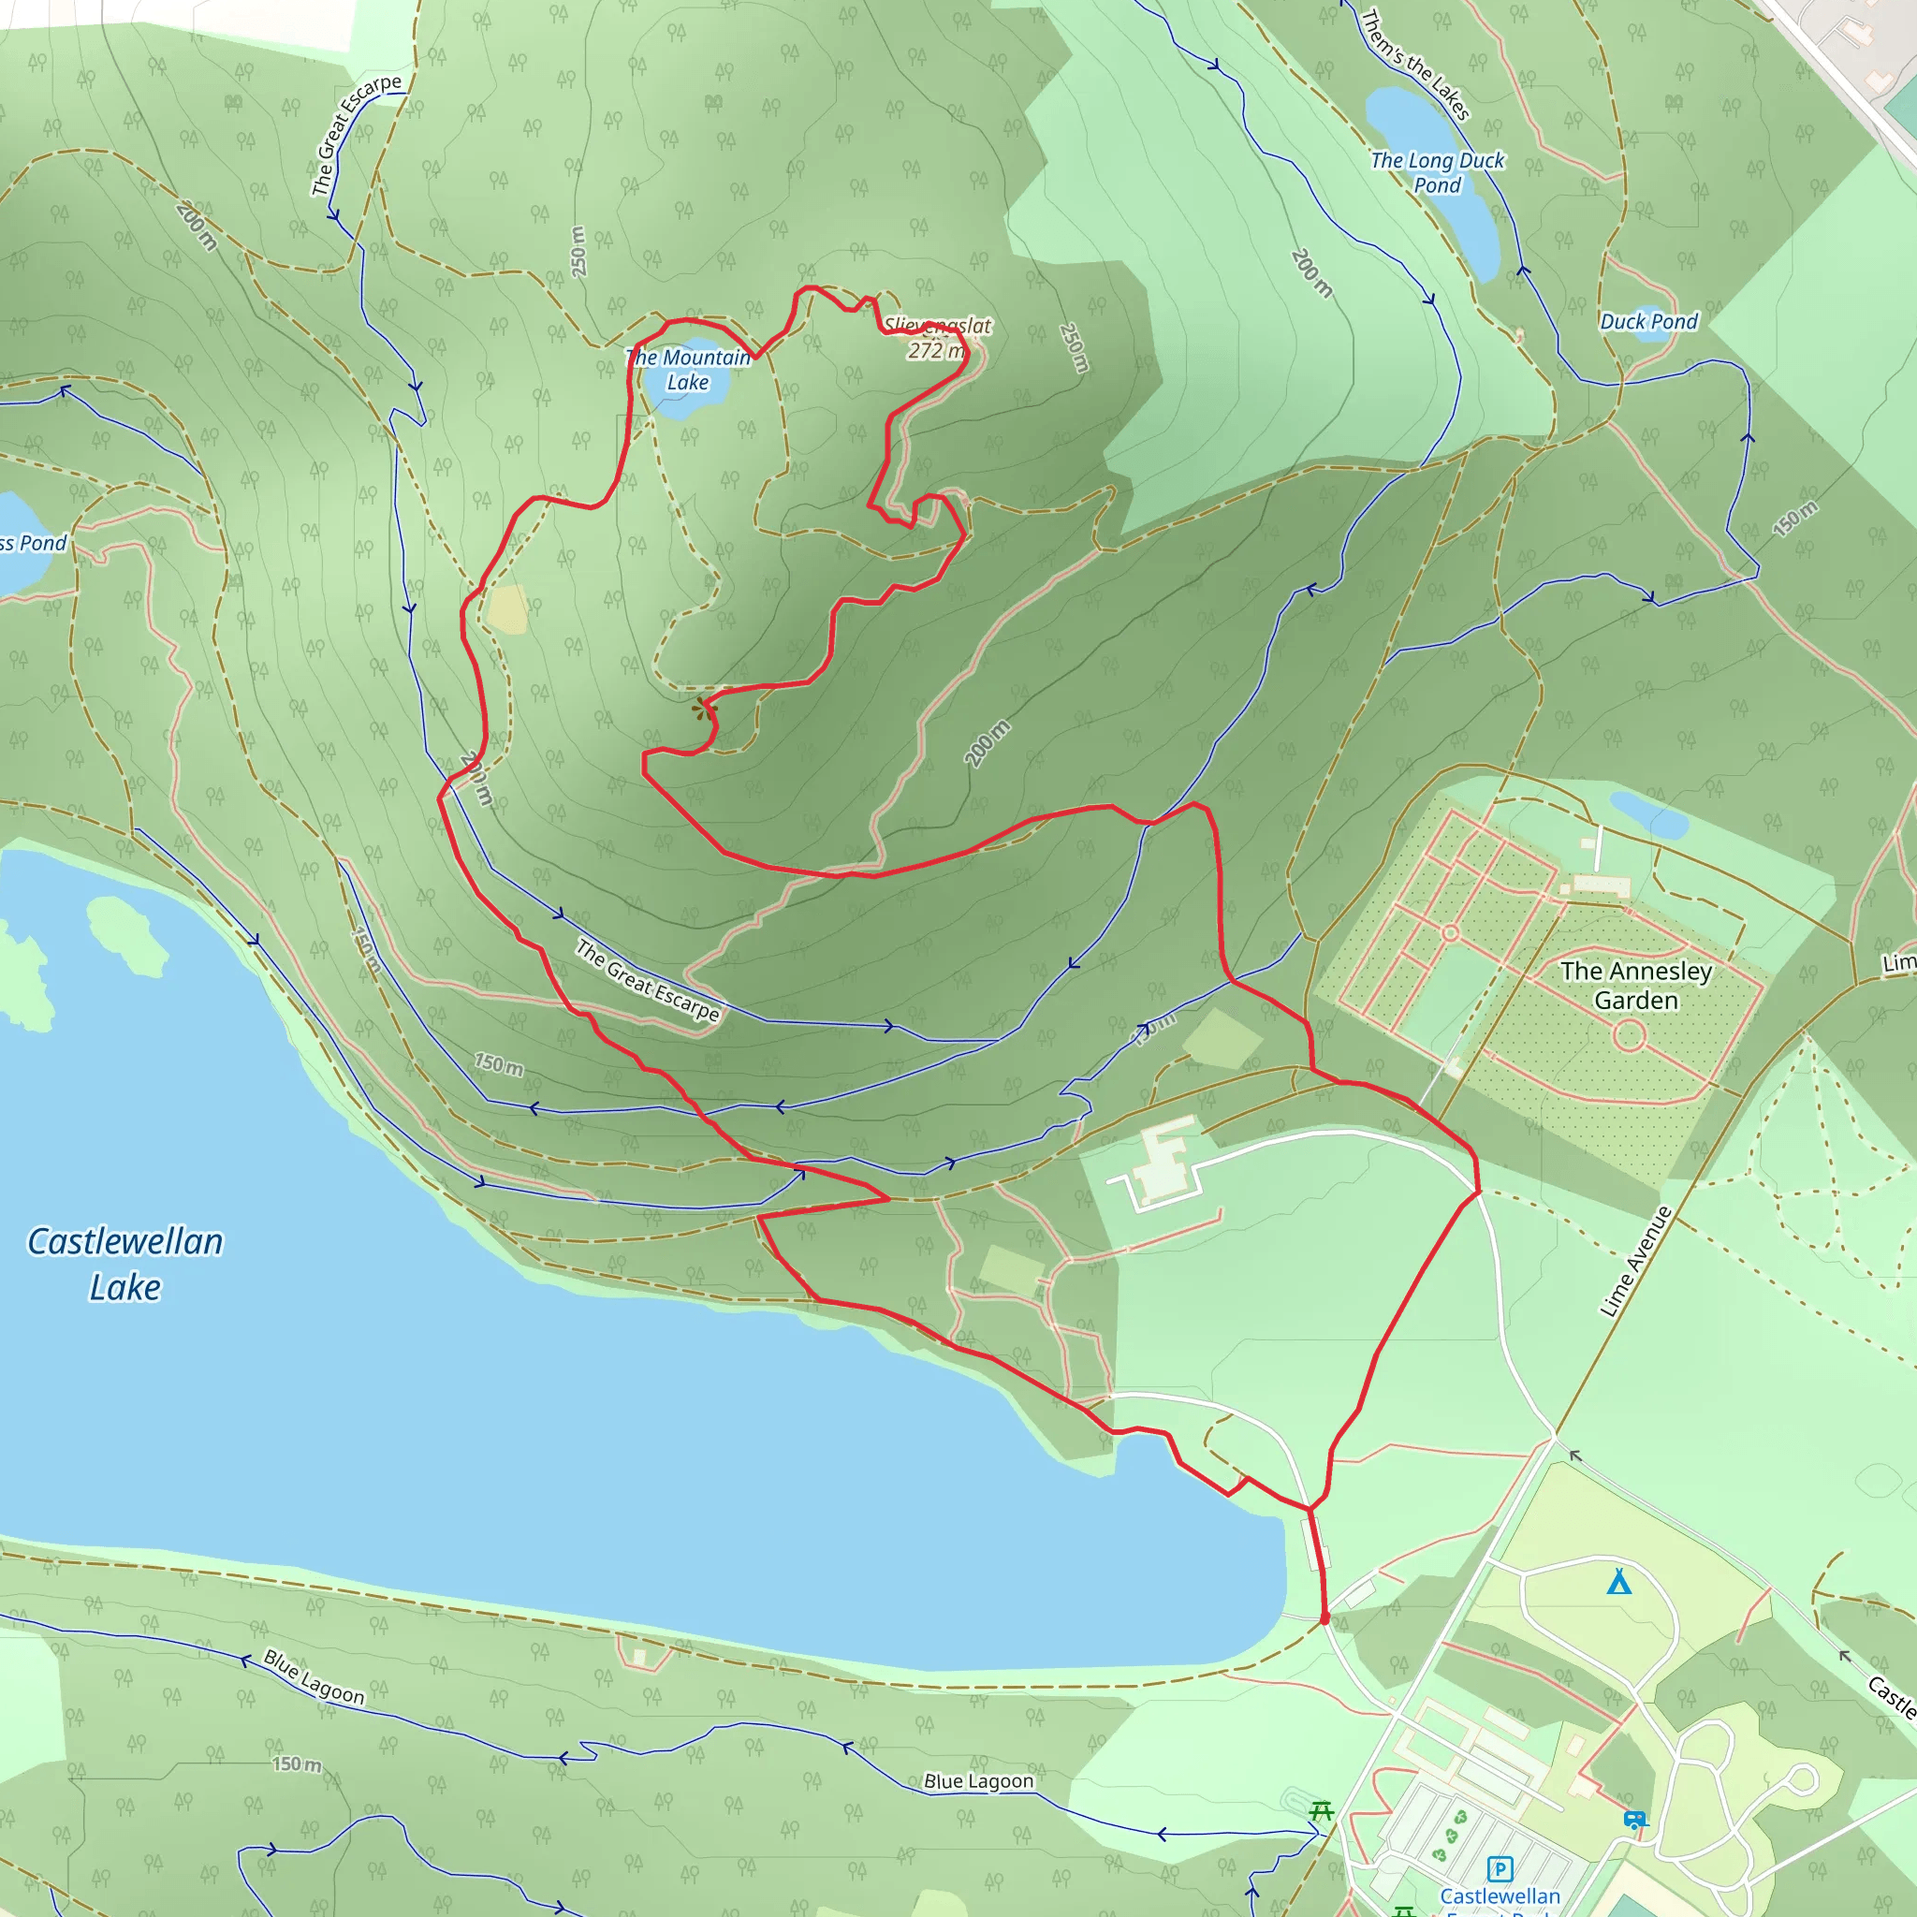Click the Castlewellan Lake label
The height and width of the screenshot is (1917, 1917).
[125, 1263]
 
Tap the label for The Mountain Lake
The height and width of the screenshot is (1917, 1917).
[688, 369]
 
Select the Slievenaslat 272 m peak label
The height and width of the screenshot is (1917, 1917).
[937, 337]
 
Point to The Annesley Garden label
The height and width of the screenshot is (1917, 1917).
[1636, 986]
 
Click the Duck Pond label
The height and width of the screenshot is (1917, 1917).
[1648, 321]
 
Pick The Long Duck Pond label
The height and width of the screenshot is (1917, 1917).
[1437, 172]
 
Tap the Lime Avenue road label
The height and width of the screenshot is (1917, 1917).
[1635, 1261]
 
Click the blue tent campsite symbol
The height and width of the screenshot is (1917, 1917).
[1618, 1582]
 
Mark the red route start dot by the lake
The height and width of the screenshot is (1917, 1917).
[1324, 1618]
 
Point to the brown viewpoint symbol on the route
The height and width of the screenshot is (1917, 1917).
[703, 709]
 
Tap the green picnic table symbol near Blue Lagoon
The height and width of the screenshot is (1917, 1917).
[1320, 1812]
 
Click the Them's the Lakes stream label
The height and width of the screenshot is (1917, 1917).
[1414, 65]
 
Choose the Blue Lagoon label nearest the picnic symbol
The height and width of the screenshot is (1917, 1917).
[978, 1781]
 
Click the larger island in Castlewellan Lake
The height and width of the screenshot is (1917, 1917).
[127, 933]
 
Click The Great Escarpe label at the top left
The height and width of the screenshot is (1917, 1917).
[354, 135]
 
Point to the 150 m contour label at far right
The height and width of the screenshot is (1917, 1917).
[1795, 519]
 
